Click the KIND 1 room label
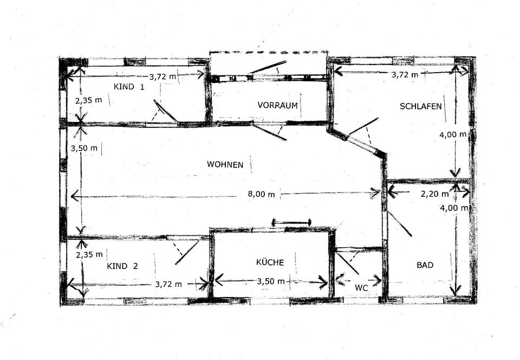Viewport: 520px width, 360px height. click(128, 87)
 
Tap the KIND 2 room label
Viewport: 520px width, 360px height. click(122, 266)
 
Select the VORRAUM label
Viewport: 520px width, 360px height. click(277, 105)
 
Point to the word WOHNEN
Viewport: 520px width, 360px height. click(225, 164)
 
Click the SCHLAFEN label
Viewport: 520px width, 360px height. click(420, 106)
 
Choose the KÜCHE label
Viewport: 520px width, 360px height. click(270, 262)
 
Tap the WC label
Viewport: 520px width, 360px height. click(361, 288)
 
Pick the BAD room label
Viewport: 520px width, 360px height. click(425, 265)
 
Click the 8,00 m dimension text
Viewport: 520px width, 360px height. click(261, 194)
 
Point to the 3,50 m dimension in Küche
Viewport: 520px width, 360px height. click(271, 281)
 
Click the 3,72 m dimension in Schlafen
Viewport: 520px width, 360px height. click(405, 75)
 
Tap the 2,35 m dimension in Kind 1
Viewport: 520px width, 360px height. click(88, 100)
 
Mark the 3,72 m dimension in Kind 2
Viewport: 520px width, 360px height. click(168, 284)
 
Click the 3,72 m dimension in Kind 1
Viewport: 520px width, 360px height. click(162, 76)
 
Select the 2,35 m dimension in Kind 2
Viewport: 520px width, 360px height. click(89, 254)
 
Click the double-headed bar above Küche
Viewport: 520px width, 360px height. click(291, 222)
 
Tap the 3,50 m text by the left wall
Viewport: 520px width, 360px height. click(84, 148)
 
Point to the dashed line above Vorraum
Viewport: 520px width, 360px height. click(268, 53)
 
